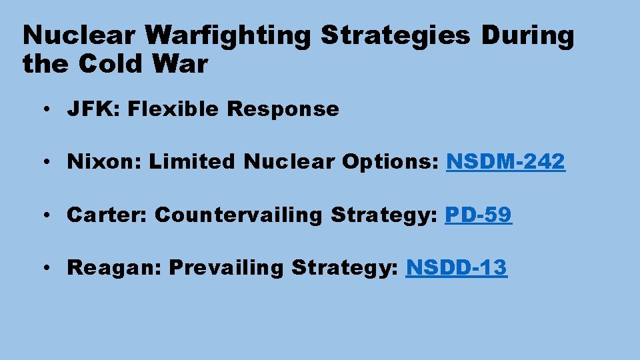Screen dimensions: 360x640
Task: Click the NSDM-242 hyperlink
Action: coord(505,161)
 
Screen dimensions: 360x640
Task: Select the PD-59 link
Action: coord(478,215)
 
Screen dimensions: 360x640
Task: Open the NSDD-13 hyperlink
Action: coord(456,267)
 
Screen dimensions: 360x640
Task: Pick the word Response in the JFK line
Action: coord(283,109)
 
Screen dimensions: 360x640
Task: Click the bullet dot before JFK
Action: coord(51,109)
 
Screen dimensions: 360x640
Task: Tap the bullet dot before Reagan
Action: coord(51,268)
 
